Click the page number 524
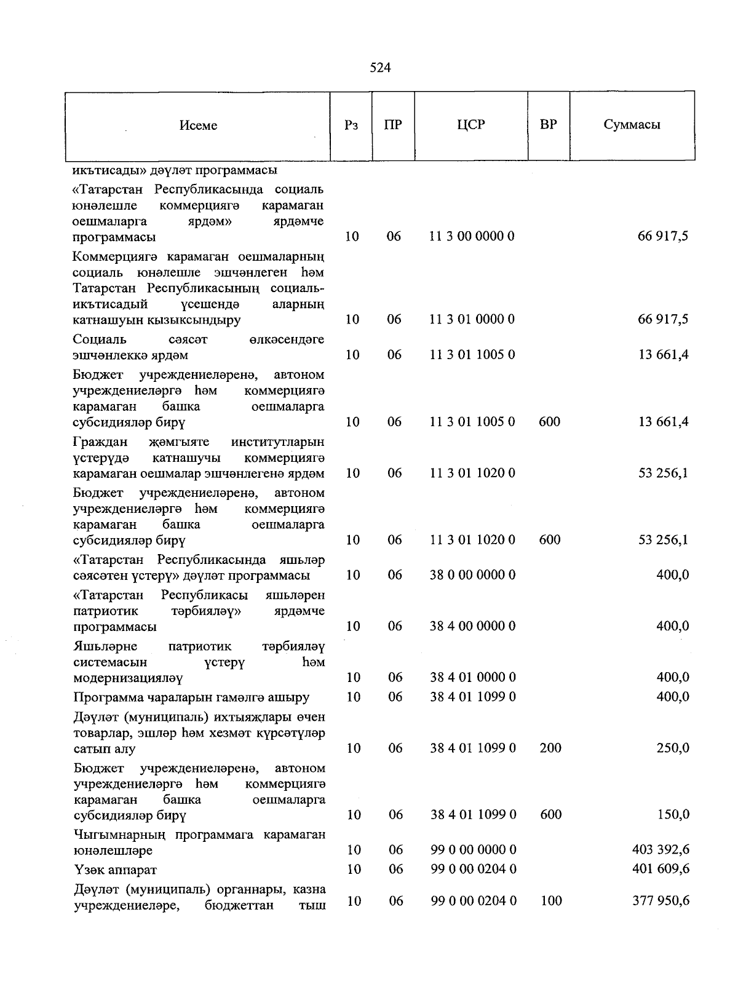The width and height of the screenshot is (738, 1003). tap(380, 68)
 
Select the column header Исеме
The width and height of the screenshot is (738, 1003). tap(198, 125)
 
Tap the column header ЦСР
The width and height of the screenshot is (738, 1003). tap(471, 125)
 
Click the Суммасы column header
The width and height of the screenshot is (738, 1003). tap(632, 125)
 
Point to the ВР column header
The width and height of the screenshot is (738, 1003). tap(548, 125)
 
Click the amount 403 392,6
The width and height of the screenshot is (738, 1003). tap(661, 850)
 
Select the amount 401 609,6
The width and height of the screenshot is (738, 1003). tap(661, 870)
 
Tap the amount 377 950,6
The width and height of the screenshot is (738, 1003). tap(661, 901)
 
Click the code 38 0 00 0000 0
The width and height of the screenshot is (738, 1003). tap(472, 575)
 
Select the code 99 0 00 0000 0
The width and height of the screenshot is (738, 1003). tap(472, 850)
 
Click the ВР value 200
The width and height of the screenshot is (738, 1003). tap(550, 748)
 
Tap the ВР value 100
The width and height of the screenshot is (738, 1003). tap(550, 901)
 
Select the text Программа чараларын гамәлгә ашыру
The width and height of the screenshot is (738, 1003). tap(191, 697)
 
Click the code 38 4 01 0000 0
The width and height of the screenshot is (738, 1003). tap(472, 678)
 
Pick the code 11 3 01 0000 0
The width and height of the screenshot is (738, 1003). tap(472, 319)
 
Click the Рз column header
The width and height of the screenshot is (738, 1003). tap(352, 125)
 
